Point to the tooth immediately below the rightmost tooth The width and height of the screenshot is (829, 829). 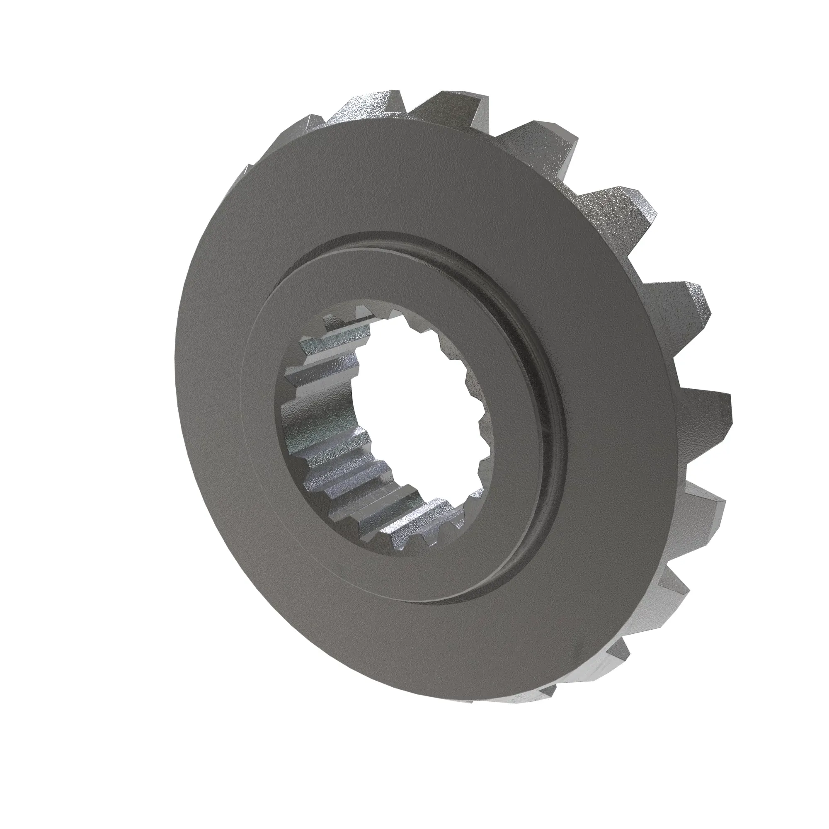coord(695,515)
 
